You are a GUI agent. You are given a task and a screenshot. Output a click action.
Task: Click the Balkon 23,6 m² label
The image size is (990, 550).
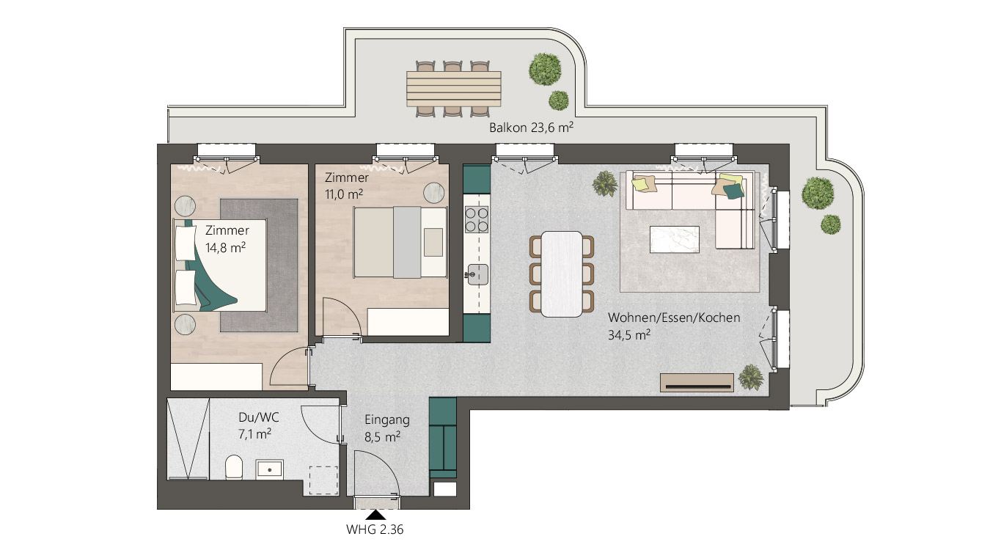(x=531, y=128)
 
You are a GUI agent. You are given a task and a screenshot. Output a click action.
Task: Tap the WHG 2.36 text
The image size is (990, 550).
(x=375, y=529)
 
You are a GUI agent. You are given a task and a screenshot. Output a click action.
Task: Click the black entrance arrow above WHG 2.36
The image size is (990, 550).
(x=375, y=515)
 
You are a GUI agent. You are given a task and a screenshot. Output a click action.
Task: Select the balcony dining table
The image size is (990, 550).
(x=453, y=89)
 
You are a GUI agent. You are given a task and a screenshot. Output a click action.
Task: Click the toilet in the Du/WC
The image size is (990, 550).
(x=234, y=467)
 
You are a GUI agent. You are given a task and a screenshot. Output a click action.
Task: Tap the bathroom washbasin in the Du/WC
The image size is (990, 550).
(x=270, y=469)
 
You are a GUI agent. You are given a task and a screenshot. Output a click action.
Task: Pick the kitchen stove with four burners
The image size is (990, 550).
(x=477, y=220)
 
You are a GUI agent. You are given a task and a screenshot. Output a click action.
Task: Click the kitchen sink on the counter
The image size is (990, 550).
(x=477, y=274)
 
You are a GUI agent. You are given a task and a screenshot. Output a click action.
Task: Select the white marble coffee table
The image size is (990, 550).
(x=675, y=239)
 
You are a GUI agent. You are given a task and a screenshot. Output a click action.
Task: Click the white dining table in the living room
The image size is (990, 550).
(x=562, y=274)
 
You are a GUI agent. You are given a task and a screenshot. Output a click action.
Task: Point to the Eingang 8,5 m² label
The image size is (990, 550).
(x=386, y=428)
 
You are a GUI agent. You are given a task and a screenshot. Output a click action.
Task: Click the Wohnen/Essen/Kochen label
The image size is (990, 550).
(x=674, y=318)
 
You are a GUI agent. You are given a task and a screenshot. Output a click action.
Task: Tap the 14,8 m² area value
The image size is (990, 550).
(x=225, y=247)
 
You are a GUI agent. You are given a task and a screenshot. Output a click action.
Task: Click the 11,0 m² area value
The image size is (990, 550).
(x=344, y=194)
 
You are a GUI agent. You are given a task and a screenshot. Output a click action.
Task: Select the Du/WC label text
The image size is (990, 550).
(x=259, y=417)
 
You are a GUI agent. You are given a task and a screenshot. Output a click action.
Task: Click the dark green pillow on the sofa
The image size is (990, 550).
(x=733, y=191)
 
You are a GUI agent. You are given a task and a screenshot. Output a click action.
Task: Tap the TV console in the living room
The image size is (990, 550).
(x=697, y=383)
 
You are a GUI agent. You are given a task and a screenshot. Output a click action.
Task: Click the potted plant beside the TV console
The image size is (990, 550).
(x=751, y=377)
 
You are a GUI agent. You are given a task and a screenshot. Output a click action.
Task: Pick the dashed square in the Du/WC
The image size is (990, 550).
(x=323, y=480)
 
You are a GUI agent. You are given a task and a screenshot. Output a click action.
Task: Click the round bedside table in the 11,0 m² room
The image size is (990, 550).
(x=433, y=193)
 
